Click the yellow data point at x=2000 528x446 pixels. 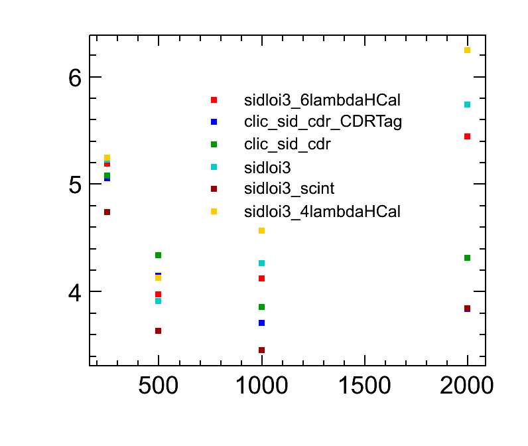tap(467, 50)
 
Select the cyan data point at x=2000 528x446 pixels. tap(467, 104)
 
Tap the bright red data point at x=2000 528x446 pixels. tap(467, 136)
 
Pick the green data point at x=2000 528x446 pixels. tap(467, 258)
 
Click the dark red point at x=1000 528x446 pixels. tap(261, 350)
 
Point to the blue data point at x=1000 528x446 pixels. tap(261, 323)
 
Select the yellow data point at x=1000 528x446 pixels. tap(261, 230)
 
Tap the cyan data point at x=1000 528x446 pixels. tap(261, 263)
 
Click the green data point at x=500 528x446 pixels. tap(158, 255)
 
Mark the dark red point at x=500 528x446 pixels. tap(158, 331)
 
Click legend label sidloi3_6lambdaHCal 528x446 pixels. tap(322, 100)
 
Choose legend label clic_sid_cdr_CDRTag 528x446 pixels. tap(323, 122)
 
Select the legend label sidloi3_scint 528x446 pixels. tap(289, 189)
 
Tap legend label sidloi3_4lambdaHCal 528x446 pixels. tap(322, 212)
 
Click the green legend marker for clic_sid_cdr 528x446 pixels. tap(214, 144)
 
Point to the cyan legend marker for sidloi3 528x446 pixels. tap(214, 167)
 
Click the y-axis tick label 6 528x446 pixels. tap(74, 78)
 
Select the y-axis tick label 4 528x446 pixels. tap(74, 292)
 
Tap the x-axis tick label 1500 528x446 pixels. tap(364, 387)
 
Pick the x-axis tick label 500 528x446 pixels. tap(158, 387)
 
